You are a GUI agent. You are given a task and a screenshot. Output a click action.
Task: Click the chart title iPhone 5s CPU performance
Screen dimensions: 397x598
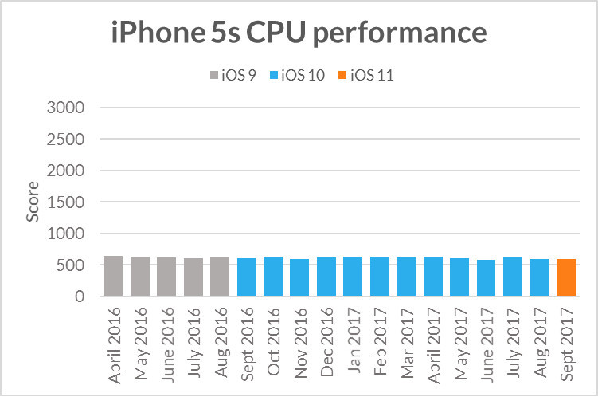[299, 33]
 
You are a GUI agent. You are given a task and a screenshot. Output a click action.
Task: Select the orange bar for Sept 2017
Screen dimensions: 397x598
[566, 278]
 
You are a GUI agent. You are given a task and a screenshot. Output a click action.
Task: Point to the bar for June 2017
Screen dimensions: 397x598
[487, 278]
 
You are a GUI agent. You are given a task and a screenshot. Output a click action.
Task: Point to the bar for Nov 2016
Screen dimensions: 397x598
[299, 278]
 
